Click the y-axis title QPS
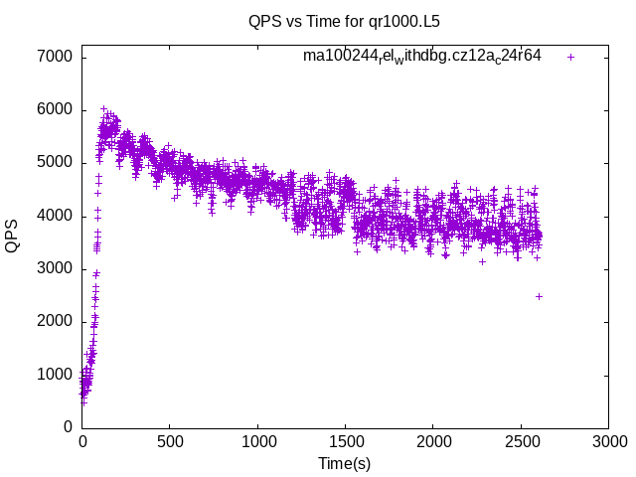click(13, 236)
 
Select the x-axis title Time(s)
click(344, 463)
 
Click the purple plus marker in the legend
click(570, 57)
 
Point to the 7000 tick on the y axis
click(54, 57)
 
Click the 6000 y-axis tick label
click(54, 109)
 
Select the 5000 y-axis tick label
click(54, 162)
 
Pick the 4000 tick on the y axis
click(54, 216)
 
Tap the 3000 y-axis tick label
click(54, 268)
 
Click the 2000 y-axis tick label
click(54, 321)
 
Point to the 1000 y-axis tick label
click(54, 375)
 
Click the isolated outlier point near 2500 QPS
click(539, 296)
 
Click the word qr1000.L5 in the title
click(406, 20)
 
